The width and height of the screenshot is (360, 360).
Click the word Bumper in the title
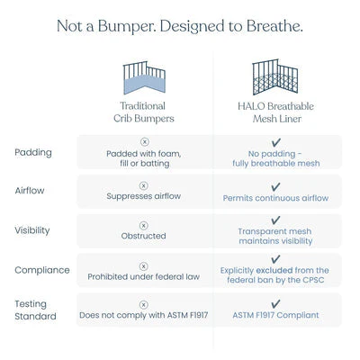(127, 26)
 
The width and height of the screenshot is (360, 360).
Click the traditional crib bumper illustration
(144, 77)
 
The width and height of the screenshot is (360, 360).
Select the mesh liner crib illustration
(275, 76)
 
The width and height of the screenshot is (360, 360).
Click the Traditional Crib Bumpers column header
(144, 112)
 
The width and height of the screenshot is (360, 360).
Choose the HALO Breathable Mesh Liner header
(275, 112)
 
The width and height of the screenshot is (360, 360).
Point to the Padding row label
(33, 152)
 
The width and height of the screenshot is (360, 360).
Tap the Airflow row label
(30, 190)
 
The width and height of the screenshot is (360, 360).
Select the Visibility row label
(32, 230)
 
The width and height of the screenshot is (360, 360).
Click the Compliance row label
(42, 270)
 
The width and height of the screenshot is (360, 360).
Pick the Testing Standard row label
(35, 310)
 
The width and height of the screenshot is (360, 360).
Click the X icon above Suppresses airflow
(144, 186)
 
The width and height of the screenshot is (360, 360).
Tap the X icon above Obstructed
(144, 226)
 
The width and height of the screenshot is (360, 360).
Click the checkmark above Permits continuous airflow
(275, 187)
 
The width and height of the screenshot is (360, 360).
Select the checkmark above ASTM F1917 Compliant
(275, 303)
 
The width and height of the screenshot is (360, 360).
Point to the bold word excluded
(274, 270)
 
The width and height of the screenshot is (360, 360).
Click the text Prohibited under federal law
(144, 276)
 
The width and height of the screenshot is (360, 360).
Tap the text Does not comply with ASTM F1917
(144, 315)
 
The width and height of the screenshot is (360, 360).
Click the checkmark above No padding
(275, 142)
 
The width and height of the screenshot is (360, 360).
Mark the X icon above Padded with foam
(145, 142)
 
